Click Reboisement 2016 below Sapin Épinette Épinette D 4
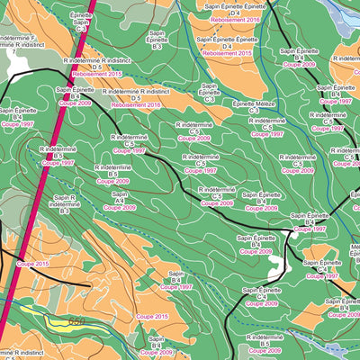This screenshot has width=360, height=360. click(234, 18)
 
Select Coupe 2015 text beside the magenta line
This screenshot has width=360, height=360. click(37, 264)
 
